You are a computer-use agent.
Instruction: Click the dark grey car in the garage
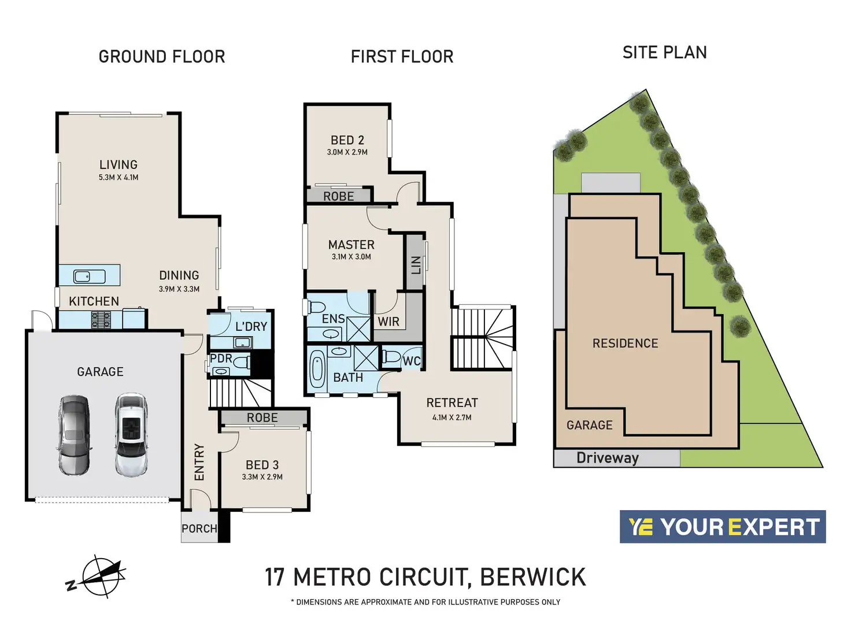75,434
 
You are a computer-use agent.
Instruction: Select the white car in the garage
131,434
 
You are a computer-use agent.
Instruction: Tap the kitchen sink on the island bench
89,276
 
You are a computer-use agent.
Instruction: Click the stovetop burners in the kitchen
101,320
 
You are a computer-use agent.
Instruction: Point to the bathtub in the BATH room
317,368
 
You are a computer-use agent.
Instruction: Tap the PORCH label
199,528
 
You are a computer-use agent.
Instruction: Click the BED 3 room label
262,464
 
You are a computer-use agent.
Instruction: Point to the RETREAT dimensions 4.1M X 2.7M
452,418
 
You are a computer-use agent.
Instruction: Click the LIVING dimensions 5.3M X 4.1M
119,178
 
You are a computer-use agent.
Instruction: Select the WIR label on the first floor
388,322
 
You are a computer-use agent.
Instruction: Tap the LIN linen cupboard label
416,265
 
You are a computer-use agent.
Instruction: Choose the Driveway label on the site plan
608,458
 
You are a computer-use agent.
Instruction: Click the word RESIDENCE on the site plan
626,343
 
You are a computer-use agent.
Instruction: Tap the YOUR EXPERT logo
723,526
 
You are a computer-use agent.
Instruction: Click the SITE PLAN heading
664,52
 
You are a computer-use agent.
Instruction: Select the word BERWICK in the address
532,577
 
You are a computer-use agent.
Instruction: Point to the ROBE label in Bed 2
338,196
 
